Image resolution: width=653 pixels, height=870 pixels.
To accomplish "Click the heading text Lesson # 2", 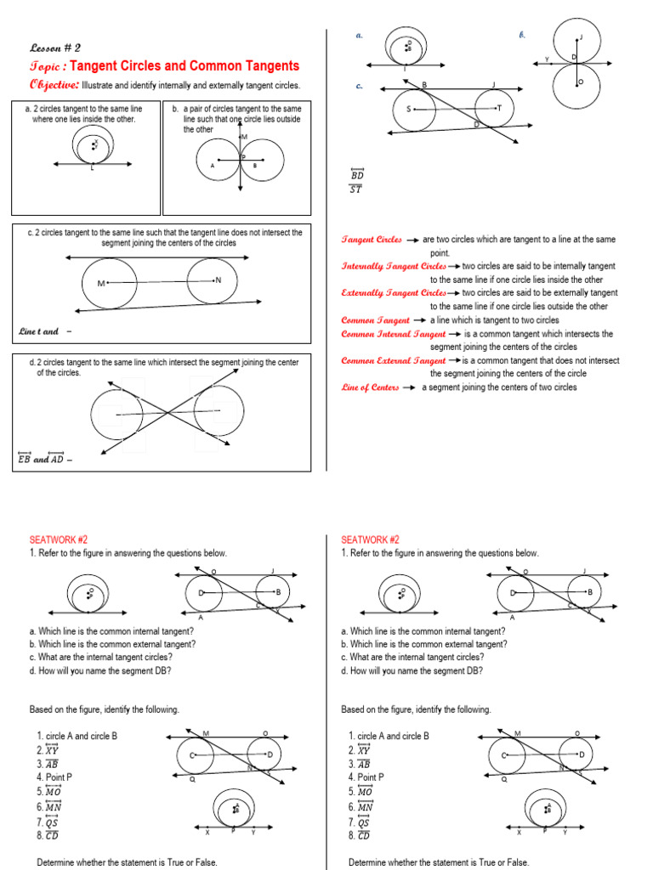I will (54, 48).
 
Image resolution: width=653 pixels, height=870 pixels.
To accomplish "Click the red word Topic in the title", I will (44, 66).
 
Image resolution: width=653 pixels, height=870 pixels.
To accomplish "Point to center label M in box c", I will (101, 283).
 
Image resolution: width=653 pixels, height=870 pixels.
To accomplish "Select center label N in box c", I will (219, 280).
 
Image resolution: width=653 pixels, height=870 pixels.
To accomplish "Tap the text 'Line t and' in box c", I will (38, 331).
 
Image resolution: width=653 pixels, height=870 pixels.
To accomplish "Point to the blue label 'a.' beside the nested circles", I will (360, 36).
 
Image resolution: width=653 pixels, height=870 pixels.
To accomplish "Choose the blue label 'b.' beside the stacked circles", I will (522, 36).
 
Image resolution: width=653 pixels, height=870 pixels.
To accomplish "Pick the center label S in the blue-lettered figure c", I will (408, 109).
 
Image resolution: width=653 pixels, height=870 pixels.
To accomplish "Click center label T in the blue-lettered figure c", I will (499, 108).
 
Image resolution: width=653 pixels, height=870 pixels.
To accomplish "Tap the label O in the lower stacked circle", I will (581, 82).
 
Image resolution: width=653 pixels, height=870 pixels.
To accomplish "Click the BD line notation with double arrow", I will (357, 174).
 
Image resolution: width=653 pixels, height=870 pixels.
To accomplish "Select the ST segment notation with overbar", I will (356, 189).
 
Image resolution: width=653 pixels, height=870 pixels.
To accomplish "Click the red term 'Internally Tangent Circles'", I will (393, 266).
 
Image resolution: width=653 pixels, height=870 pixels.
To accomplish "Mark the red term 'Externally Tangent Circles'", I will (393, 293).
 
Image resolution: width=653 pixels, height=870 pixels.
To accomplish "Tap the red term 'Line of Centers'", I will (370, 387).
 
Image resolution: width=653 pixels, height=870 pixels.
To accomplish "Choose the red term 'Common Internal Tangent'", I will (393, 334).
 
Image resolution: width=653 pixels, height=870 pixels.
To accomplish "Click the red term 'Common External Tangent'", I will (393, 360).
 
